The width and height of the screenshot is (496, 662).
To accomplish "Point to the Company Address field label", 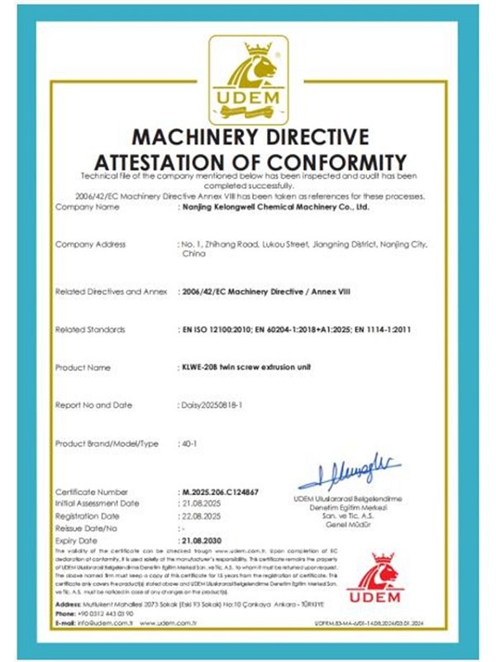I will (x=90, y=244).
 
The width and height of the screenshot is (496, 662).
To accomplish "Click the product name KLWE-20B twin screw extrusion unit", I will (x=247, y=367).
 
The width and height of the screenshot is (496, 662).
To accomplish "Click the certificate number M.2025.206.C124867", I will (x=219, y=492).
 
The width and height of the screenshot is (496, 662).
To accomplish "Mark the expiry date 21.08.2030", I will (x=203, y=537).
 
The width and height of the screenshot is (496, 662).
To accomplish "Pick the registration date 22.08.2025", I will (x=202, y=515).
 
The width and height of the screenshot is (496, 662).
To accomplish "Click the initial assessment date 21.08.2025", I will (x=202, y=503).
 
